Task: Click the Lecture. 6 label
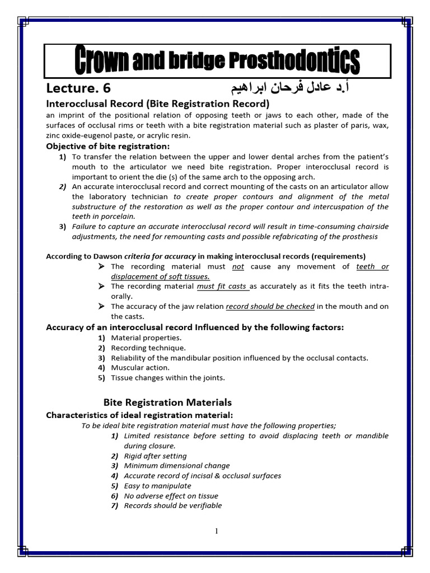point(82,89)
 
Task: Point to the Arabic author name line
point(291,88)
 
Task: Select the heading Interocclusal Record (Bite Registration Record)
point(149,104)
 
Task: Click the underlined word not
point(238,266)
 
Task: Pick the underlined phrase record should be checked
point(270,307)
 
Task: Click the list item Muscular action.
point(140,368)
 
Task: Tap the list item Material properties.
point(146,338)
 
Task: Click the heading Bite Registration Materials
point(167,402)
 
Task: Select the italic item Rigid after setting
point(155,456)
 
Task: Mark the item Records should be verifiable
point(173,505)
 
